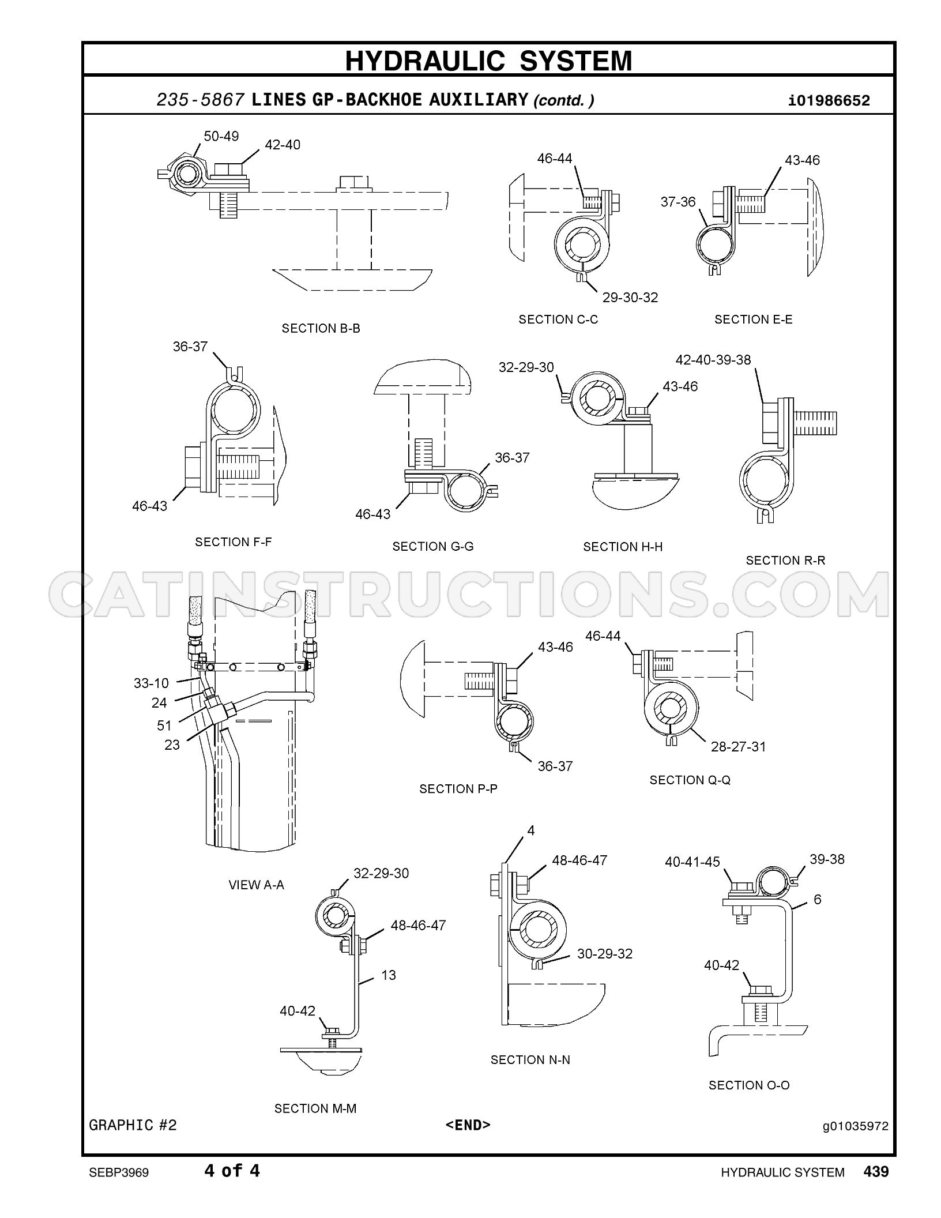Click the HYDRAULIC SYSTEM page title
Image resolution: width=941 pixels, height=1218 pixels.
point(488,61)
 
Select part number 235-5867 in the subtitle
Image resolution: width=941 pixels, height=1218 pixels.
point(201,100)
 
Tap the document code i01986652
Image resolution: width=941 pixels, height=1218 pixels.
point(829,101)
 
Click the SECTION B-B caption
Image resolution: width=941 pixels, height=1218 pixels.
point(321,328)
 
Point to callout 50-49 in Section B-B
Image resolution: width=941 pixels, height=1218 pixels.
point(221,136)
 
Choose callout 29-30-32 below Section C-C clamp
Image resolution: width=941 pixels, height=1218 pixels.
point(630,298)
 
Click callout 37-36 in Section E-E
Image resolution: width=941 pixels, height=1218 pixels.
point(678,202)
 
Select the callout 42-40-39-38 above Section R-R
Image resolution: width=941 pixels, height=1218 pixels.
point(713,360)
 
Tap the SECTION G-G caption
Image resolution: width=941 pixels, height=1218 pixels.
point(433,546)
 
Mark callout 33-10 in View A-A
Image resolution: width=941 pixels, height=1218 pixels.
point(151,683)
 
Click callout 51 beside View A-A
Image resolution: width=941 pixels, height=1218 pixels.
point(164,725)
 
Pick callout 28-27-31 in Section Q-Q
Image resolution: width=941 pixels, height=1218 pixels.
point(738,747)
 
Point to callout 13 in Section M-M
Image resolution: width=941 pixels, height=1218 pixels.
point(389,975)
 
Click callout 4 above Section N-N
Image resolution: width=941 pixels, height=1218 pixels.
point(531,830)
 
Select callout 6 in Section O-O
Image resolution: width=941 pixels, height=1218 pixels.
point(817,899)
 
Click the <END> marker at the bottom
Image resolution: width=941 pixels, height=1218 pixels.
point(468,1125)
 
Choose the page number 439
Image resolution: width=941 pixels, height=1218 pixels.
point(876,1171)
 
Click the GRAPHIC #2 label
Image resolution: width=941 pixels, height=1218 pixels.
point(133,1125)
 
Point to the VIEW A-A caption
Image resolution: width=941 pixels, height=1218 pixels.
point(256,885)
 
